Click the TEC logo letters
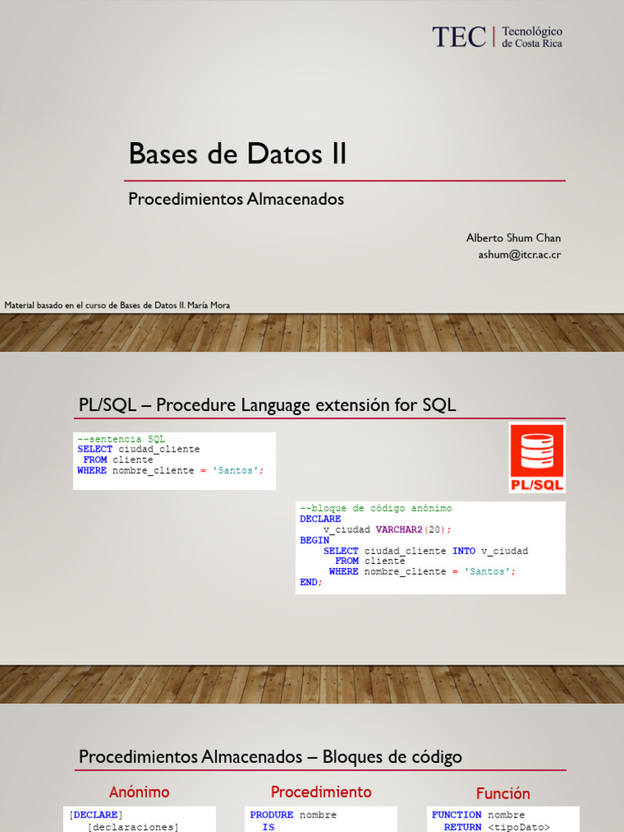coord(459,37)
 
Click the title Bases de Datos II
coord(237,154)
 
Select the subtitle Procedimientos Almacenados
coord(236,199)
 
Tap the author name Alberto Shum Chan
coord(513,238)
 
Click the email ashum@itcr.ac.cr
coord(519,254)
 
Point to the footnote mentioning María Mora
coord(117,305)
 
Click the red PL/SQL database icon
coord(537,457)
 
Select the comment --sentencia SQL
coord(121,440)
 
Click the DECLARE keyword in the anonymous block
coord(320,518)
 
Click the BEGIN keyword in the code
coord(314,539)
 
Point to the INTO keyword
coord(464,551)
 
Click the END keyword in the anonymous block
coord(309,582)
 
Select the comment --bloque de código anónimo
coord(375,508)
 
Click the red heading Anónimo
coord(140,792)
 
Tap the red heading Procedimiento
coord(321,792)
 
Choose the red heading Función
coord(503,794)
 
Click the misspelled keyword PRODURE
coord(271,815)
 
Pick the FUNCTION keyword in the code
coord(457,815)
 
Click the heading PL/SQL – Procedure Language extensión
coord(267,405)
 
